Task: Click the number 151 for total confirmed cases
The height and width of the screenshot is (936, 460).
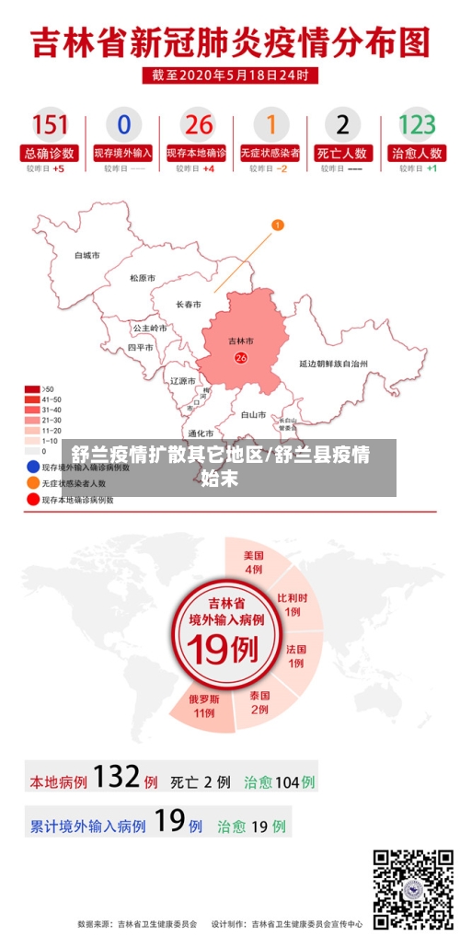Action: [51, 124]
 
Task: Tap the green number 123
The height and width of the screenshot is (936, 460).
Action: [416, 124]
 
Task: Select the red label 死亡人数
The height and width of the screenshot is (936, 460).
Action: [342, 153]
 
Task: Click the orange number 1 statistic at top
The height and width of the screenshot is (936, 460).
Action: [270, 124]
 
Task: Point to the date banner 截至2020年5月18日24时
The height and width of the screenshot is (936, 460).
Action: [230, 75]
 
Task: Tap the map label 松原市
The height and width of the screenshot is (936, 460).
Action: [143, 278]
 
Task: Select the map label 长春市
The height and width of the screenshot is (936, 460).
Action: [190, 304]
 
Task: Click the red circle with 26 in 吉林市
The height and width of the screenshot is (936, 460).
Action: [241, 358]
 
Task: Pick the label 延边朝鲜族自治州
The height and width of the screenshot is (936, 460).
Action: [333, 364]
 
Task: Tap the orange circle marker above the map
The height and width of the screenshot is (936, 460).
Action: [278, 225]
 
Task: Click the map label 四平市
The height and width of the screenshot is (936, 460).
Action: [141, 348]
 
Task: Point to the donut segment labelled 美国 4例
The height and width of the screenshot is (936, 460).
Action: [254, 562]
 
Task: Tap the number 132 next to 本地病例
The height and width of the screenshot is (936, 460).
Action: [116, 778]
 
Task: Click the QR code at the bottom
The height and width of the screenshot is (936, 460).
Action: [413, 889]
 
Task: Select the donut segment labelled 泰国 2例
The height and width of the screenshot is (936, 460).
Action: [259, 702]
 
